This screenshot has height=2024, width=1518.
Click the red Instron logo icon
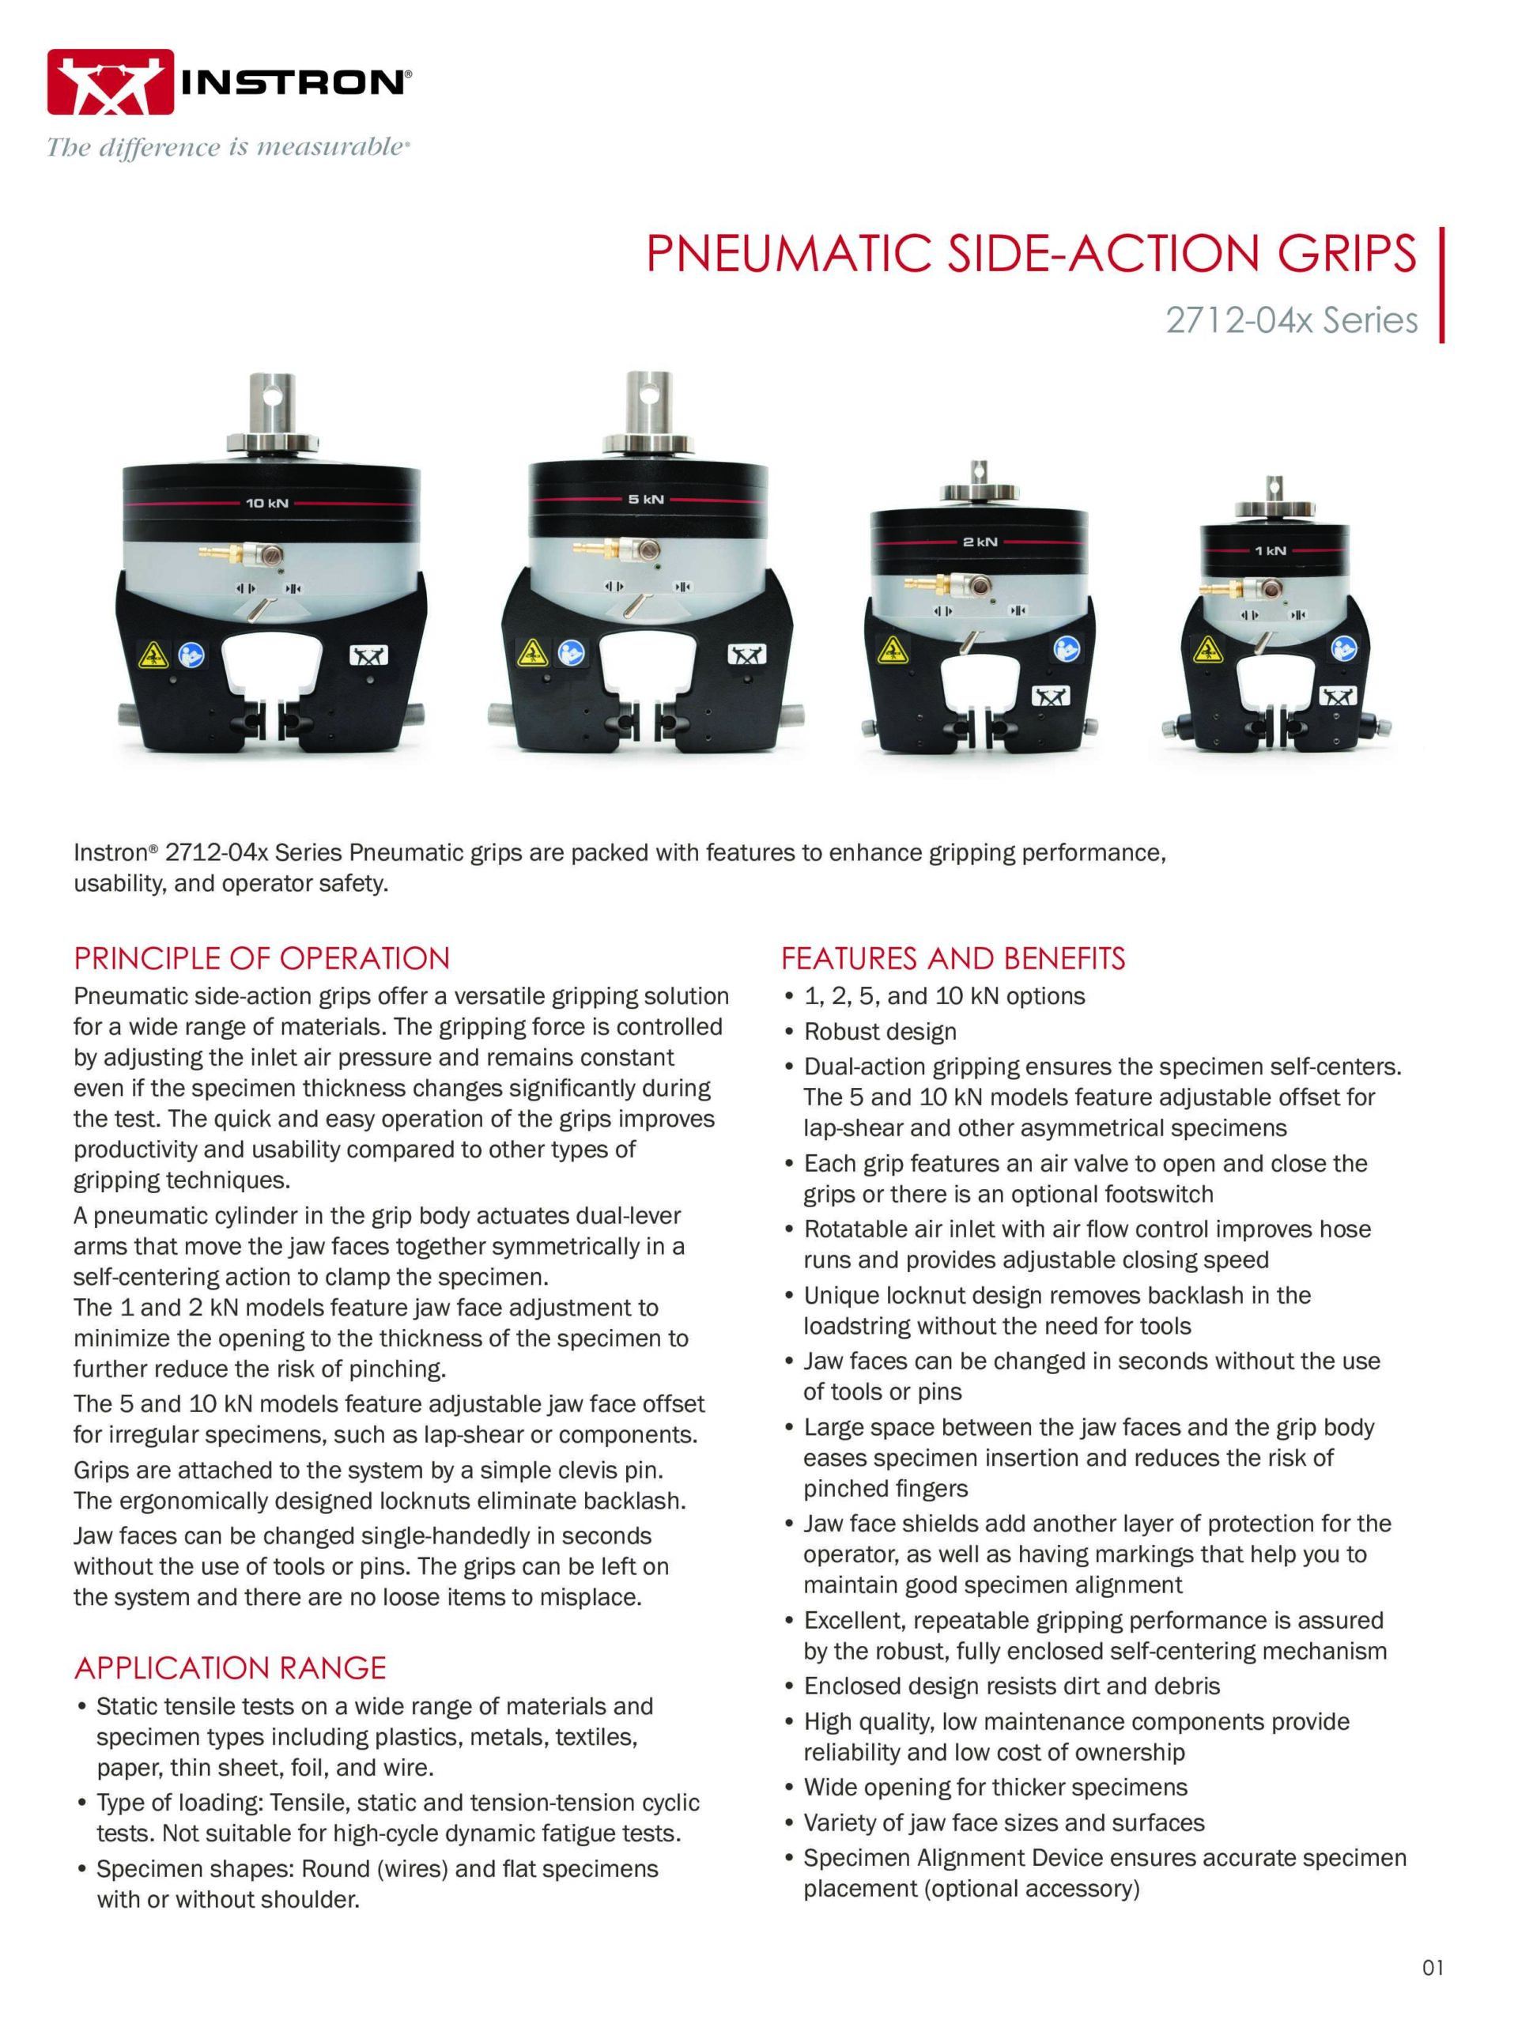(111, 83)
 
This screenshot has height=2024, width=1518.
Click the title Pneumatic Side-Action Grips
(1031, 255)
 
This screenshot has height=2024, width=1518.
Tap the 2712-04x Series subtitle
(1292, 320)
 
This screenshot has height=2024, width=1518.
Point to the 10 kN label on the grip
(267, 504)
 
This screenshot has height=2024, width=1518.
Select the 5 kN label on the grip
(646, 500)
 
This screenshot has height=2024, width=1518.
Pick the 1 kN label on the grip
(1270, 551)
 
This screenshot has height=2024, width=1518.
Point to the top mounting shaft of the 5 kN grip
(649, 407)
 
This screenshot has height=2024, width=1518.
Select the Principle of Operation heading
(262, 959)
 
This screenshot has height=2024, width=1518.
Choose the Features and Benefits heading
(953, 959)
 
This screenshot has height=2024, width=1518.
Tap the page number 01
(1433, 1961)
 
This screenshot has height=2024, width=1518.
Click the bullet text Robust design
(880, 1032)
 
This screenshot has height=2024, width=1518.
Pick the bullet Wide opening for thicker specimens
(995, 1787)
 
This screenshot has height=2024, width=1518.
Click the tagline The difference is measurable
(227, 147)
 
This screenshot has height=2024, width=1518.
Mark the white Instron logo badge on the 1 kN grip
(1339, 698)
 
